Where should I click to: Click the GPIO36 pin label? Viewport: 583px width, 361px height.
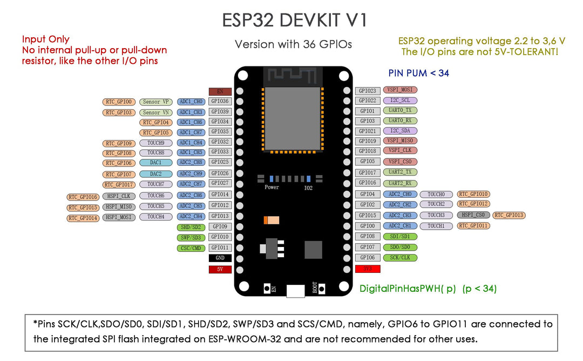pos(220,101)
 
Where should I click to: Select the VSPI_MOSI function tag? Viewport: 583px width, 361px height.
pos(399,90)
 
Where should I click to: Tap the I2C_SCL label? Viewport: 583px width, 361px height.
pos(399,101)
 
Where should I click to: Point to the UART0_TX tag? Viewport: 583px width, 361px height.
pos(399,110)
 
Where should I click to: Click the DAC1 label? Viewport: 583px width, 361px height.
pos(155,163)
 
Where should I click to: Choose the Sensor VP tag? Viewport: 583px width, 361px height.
pos(155,102)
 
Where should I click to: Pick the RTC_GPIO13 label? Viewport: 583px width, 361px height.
pos(509,215)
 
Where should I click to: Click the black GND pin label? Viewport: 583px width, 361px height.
pos(220,258)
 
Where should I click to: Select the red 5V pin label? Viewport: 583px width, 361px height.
pos(220,269)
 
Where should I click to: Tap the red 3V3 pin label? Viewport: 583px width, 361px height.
pos(368,269)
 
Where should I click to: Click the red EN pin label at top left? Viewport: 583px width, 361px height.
pos(220,91)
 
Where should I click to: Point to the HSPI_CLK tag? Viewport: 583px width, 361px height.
pos(119,196)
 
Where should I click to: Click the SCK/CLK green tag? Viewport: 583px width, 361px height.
pos(399,258)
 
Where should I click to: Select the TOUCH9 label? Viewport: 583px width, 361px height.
pos(155,143)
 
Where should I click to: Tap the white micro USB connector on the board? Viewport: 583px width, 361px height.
pos(295,291)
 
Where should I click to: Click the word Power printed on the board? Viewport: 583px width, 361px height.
pos(272,187)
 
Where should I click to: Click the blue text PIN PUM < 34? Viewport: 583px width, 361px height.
pos(418,73)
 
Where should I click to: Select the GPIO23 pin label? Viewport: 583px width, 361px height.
pos(368,91)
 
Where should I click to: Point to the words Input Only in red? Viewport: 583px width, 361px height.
pos(45,39)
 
